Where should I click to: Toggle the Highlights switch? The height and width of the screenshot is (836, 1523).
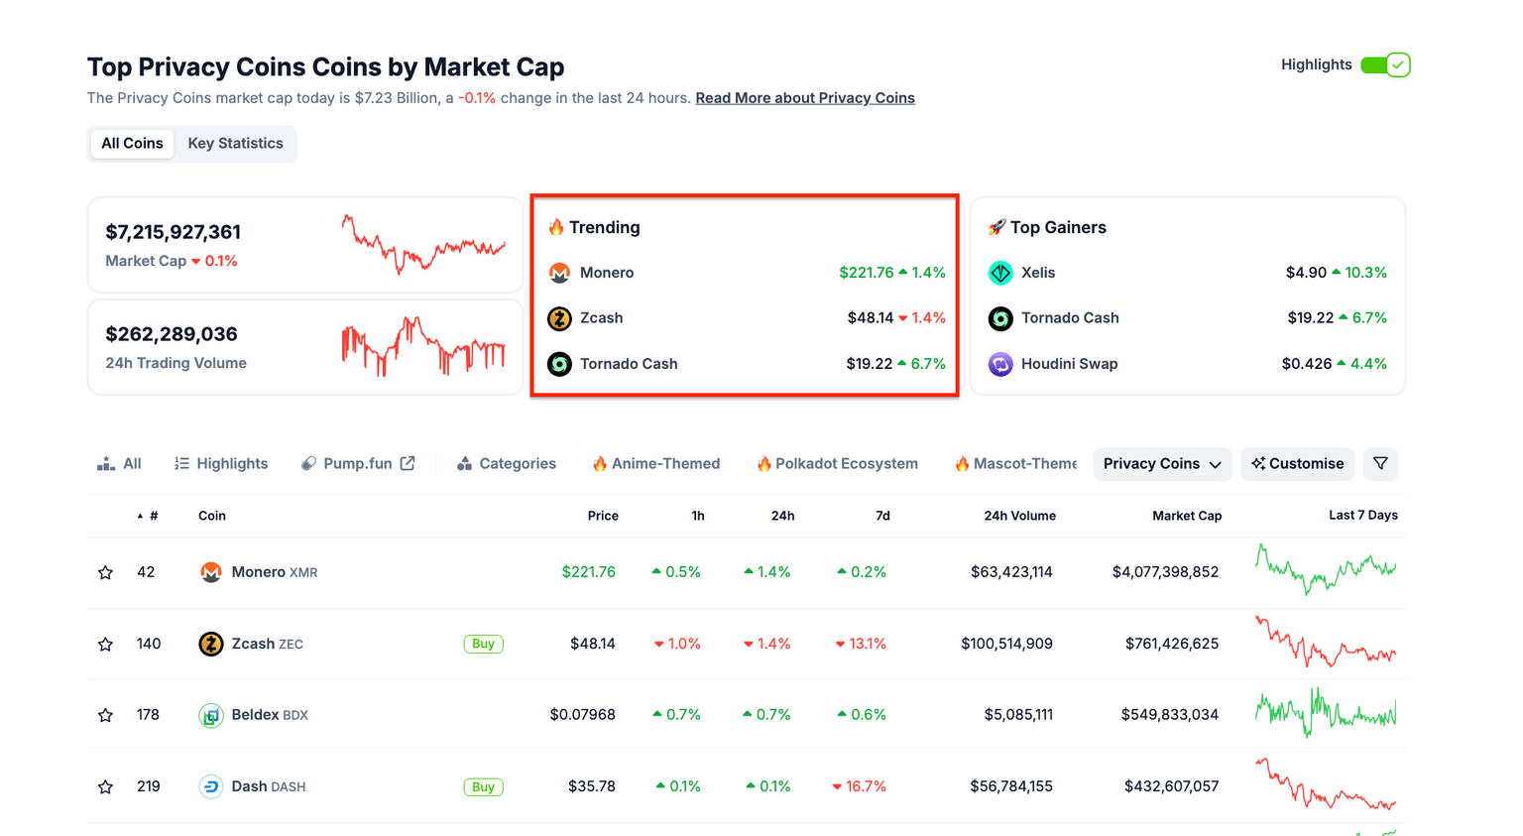[x=1385, y=65]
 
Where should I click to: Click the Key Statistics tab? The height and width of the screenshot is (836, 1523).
[x=235, y=144]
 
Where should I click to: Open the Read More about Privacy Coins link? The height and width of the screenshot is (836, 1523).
[x=804, y=98]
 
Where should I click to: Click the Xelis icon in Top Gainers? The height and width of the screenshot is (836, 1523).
[x=1000, y=273]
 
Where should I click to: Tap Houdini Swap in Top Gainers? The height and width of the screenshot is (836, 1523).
[x=1069, y=364]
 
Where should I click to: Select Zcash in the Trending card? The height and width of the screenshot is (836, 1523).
[x=601, y=318]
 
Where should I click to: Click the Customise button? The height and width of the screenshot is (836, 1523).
[x=1297, y=464]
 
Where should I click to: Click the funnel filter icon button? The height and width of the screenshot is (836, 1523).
[x=1380, y=464]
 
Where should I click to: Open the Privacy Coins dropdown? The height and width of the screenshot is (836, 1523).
[x=1162, y=464]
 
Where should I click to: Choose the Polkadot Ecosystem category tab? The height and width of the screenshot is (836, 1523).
[x=837, y=464]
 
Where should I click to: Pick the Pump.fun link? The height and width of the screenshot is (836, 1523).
[x=358, y=464]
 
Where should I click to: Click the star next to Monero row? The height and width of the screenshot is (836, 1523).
[x=105, y=573]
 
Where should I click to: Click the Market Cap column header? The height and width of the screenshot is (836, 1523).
[x=1186, y=516]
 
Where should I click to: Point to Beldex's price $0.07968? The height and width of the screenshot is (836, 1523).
[x=582, y=715]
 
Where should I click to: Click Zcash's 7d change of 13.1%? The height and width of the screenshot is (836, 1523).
[x=861, y=645]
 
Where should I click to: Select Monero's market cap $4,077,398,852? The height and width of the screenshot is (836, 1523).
[x=1165, y=572]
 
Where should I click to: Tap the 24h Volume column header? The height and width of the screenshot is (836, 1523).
[x=1019, y=516]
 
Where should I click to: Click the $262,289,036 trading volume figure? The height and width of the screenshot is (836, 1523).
[x=172, y=334]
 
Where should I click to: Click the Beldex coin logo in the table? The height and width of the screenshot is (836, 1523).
[x=211, y=715]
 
